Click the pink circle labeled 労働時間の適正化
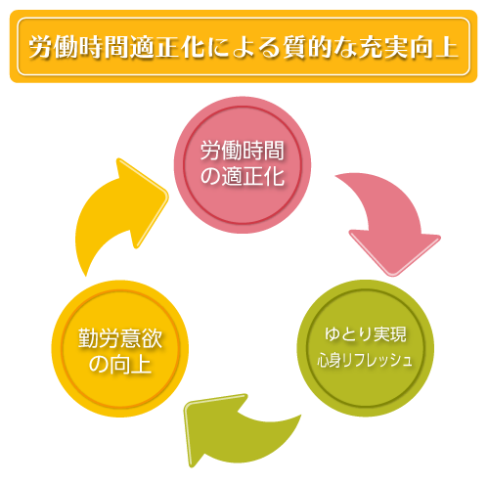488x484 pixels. (x=242, y=165)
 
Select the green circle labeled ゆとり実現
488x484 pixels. (x=365, y=348)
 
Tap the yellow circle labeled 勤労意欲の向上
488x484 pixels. (x=120, y=348)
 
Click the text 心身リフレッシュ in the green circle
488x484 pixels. (x=365, y=361)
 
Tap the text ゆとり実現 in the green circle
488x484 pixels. (x=366, y=334)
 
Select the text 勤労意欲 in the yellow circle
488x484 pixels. (x=120, y=338)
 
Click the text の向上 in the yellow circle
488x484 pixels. (x=120, y=365)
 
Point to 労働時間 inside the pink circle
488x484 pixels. (x=243, y=151)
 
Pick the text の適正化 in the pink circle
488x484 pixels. (x=243, y=176)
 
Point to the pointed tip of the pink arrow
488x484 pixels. (x=393, y=276)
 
